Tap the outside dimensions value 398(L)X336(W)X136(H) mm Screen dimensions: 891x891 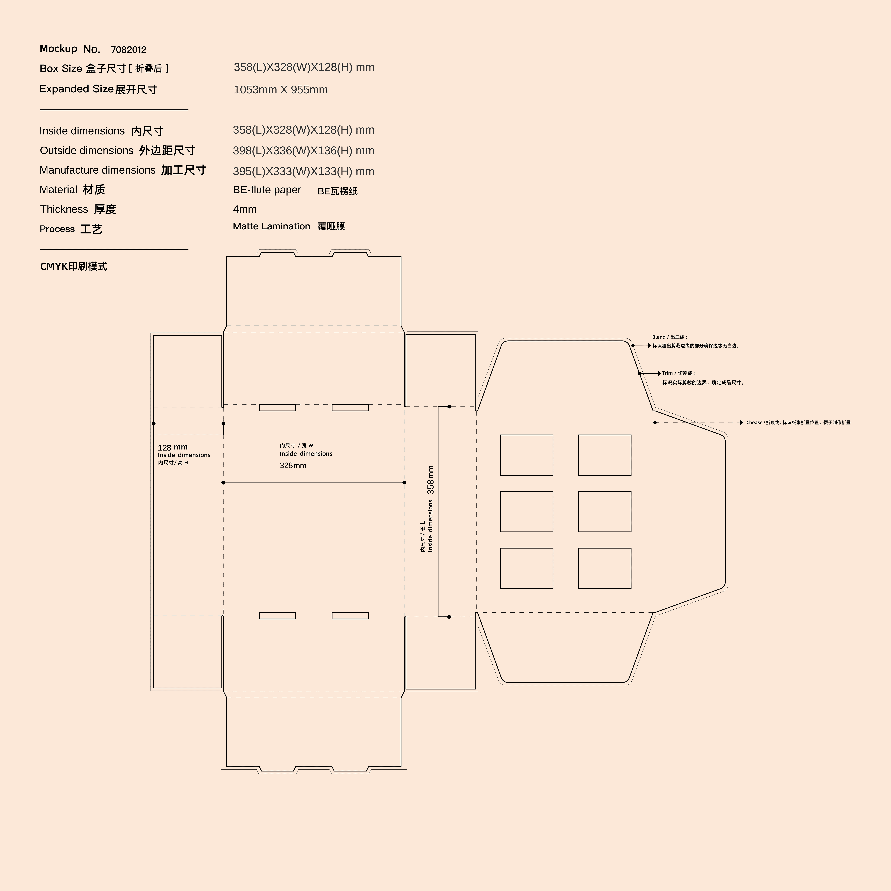tap(303, 151)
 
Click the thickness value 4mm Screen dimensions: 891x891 tap(244, 209)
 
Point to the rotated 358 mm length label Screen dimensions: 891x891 tap(430, 480)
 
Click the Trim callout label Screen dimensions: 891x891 tap(679, 373)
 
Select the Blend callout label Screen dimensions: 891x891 tap(670, 337)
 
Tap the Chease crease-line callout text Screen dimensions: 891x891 tap(798, 422)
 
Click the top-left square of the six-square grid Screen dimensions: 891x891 tap(527, 455)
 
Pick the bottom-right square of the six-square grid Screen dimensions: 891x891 tap(605, 568)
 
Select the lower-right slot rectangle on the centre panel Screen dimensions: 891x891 tap(350, 616)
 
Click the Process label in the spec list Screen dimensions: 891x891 tap(57, 229)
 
